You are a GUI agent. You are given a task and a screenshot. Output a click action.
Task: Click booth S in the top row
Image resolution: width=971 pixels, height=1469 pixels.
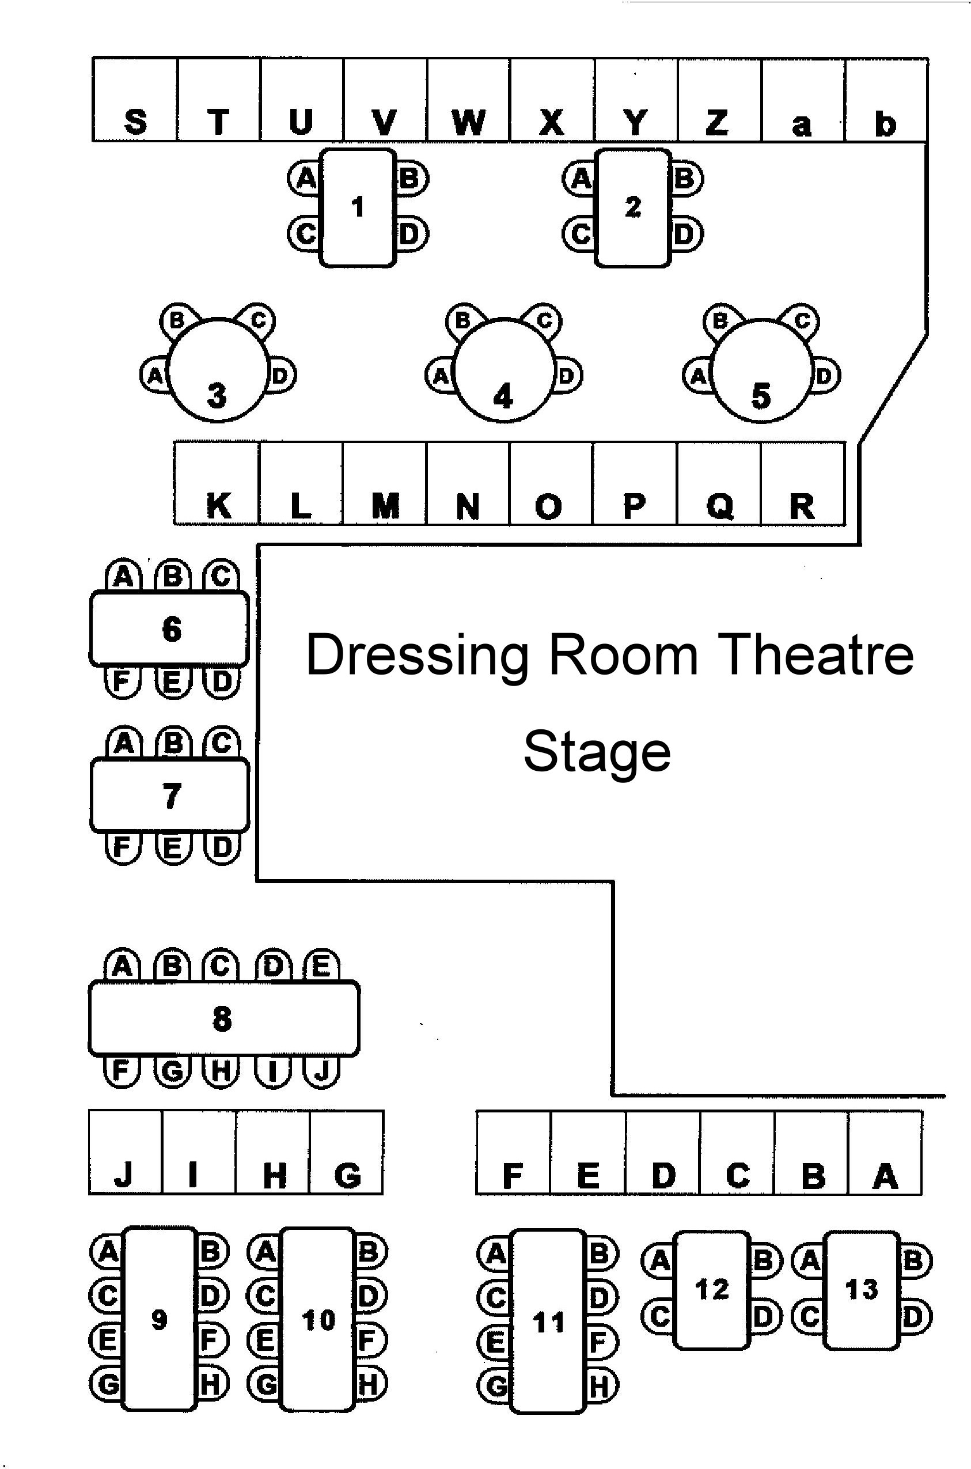[135, 100]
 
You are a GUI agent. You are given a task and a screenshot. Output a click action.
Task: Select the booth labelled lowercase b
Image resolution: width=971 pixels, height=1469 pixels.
[886, 100]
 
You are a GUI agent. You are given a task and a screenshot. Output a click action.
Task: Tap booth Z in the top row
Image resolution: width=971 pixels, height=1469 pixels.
[719, 100]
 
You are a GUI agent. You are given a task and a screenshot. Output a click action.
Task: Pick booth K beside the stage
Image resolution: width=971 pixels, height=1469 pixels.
[217, 484]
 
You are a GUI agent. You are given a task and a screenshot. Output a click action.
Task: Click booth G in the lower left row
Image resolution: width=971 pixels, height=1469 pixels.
[347, 1153]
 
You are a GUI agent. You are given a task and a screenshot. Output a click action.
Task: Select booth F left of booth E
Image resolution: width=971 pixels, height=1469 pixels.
[513, 1153]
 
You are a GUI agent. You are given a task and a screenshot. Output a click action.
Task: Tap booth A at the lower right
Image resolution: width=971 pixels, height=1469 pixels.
[885, 1153]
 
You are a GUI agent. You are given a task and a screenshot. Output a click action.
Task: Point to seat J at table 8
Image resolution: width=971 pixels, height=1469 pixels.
[321, 1072]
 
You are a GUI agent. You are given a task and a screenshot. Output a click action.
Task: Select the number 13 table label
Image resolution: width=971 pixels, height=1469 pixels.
[862, 1290]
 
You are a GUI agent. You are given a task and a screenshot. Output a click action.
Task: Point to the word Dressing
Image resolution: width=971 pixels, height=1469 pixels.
[418, 655]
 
